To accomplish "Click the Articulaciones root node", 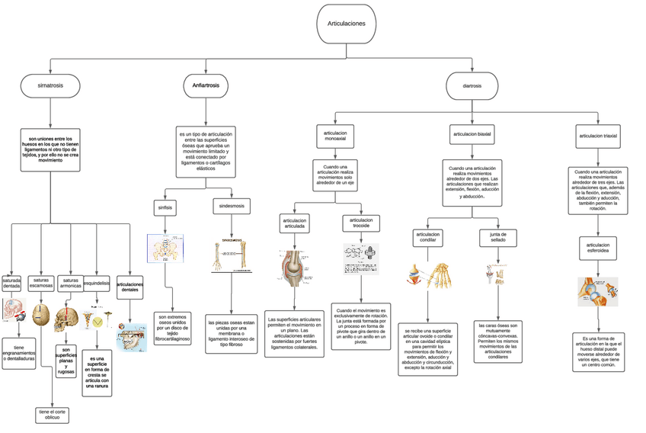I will tap(346, 24).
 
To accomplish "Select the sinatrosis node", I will tap(50, 86).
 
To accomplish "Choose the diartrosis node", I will tap(472, 86).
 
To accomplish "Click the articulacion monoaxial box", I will tap(335, 136).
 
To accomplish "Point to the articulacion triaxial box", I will tap(598, 135).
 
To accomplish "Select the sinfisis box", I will tap(165, 207).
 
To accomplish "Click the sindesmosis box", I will tap(232, 206).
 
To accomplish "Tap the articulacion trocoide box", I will tap(361, 223).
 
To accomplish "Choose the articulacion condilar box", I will tap(428, 237).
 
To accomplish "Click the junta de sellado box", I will tap(498, 237).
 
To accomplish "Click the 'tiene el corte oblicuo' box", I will tap(52, 415).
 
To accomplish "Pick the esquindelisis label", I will tap(97, 283).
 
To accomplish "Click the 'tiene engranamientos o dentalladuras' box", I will tap(18, 353).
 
